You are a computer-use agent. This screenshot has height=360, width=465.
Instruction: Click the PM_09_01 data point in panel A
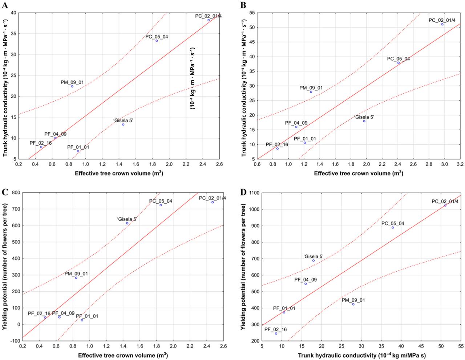[72, 86]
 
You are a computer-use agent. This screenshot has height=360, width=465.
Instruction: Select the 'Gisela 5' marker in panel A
[123, 125]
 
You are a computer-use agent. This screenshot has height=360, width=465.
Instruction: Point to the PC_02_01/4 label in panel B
[442, 20]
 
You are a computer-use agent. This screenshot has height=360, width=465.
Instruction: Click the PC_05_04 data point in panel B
[399, 63]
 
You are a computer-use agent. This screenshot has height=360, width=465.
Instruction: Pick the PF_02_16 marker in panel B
[277, 149]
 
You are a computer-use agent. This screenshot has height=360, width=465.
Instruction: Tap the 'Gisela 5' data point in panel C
[127, 223]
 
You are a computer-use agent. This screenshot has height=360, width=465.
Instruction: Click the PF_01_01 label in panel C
[87, 316]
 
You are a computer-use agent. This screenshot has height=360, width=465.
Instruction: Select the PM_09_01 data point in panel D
[353, 304]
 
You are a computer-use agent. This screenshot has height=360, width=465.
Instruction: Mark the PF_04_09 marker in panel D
[306, 284]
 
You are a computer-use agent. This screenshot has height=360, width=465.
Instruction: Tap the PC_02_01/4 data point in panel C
[213, 202]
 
